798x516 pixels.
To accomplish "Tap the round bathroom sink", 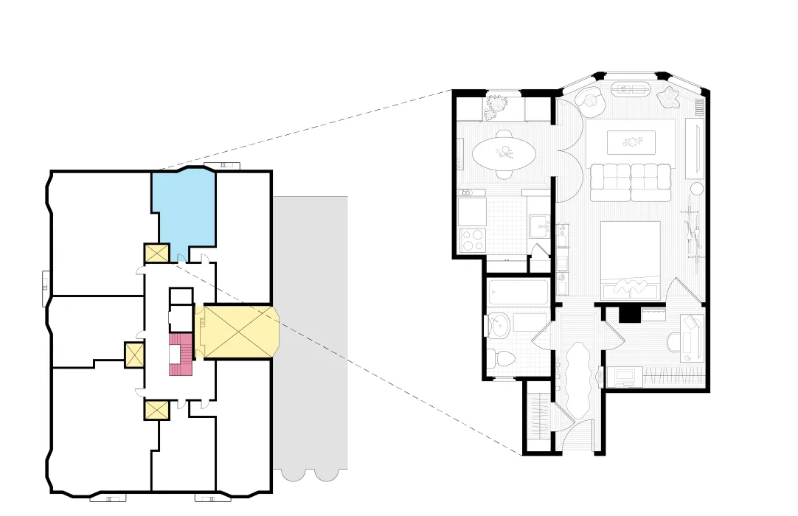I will [x=496, y=326].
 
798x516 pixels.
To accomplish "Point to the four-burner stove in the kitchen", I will [x=471, y=239].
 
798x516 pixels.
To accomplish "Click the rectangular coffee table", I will [x=631, y=142].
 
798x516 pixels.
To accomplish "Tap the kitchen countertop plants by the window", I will [x=497, y=106].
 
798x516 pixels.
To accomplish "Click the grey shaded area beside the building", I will [x=310, y=332].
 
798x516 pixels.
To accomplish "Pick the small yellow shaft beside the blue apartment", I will [x=157, y=254].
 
